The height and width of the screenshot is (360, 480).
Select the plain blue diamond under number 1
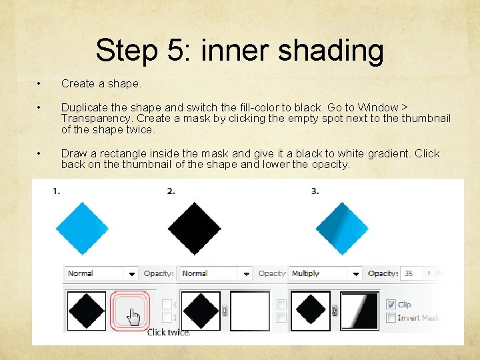coord(83,227)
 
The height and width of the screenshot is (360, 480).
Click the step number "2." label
coord(171,191)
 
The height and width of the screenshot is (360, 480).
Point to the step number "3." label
coord(315,191)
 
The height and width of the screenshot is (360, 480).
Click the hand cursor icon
coord(135,316)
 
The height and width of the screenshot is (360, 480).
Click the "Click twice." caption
coord(169,332)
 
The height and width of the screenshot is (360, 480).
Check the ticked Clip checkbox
coord(391,305)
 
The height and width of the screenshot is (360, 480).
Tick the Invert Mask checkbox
coord(391,318)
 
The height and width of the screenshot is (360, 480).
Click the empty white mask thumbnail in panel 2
coord(250,311)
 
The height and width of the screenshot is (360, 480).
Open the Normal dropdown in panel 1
coord(132,273)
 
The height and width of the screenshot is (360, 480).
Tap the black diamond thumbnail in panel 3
coord(310,311)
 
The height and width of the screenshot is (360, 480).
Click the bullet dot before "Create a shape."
coord(40,84)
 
